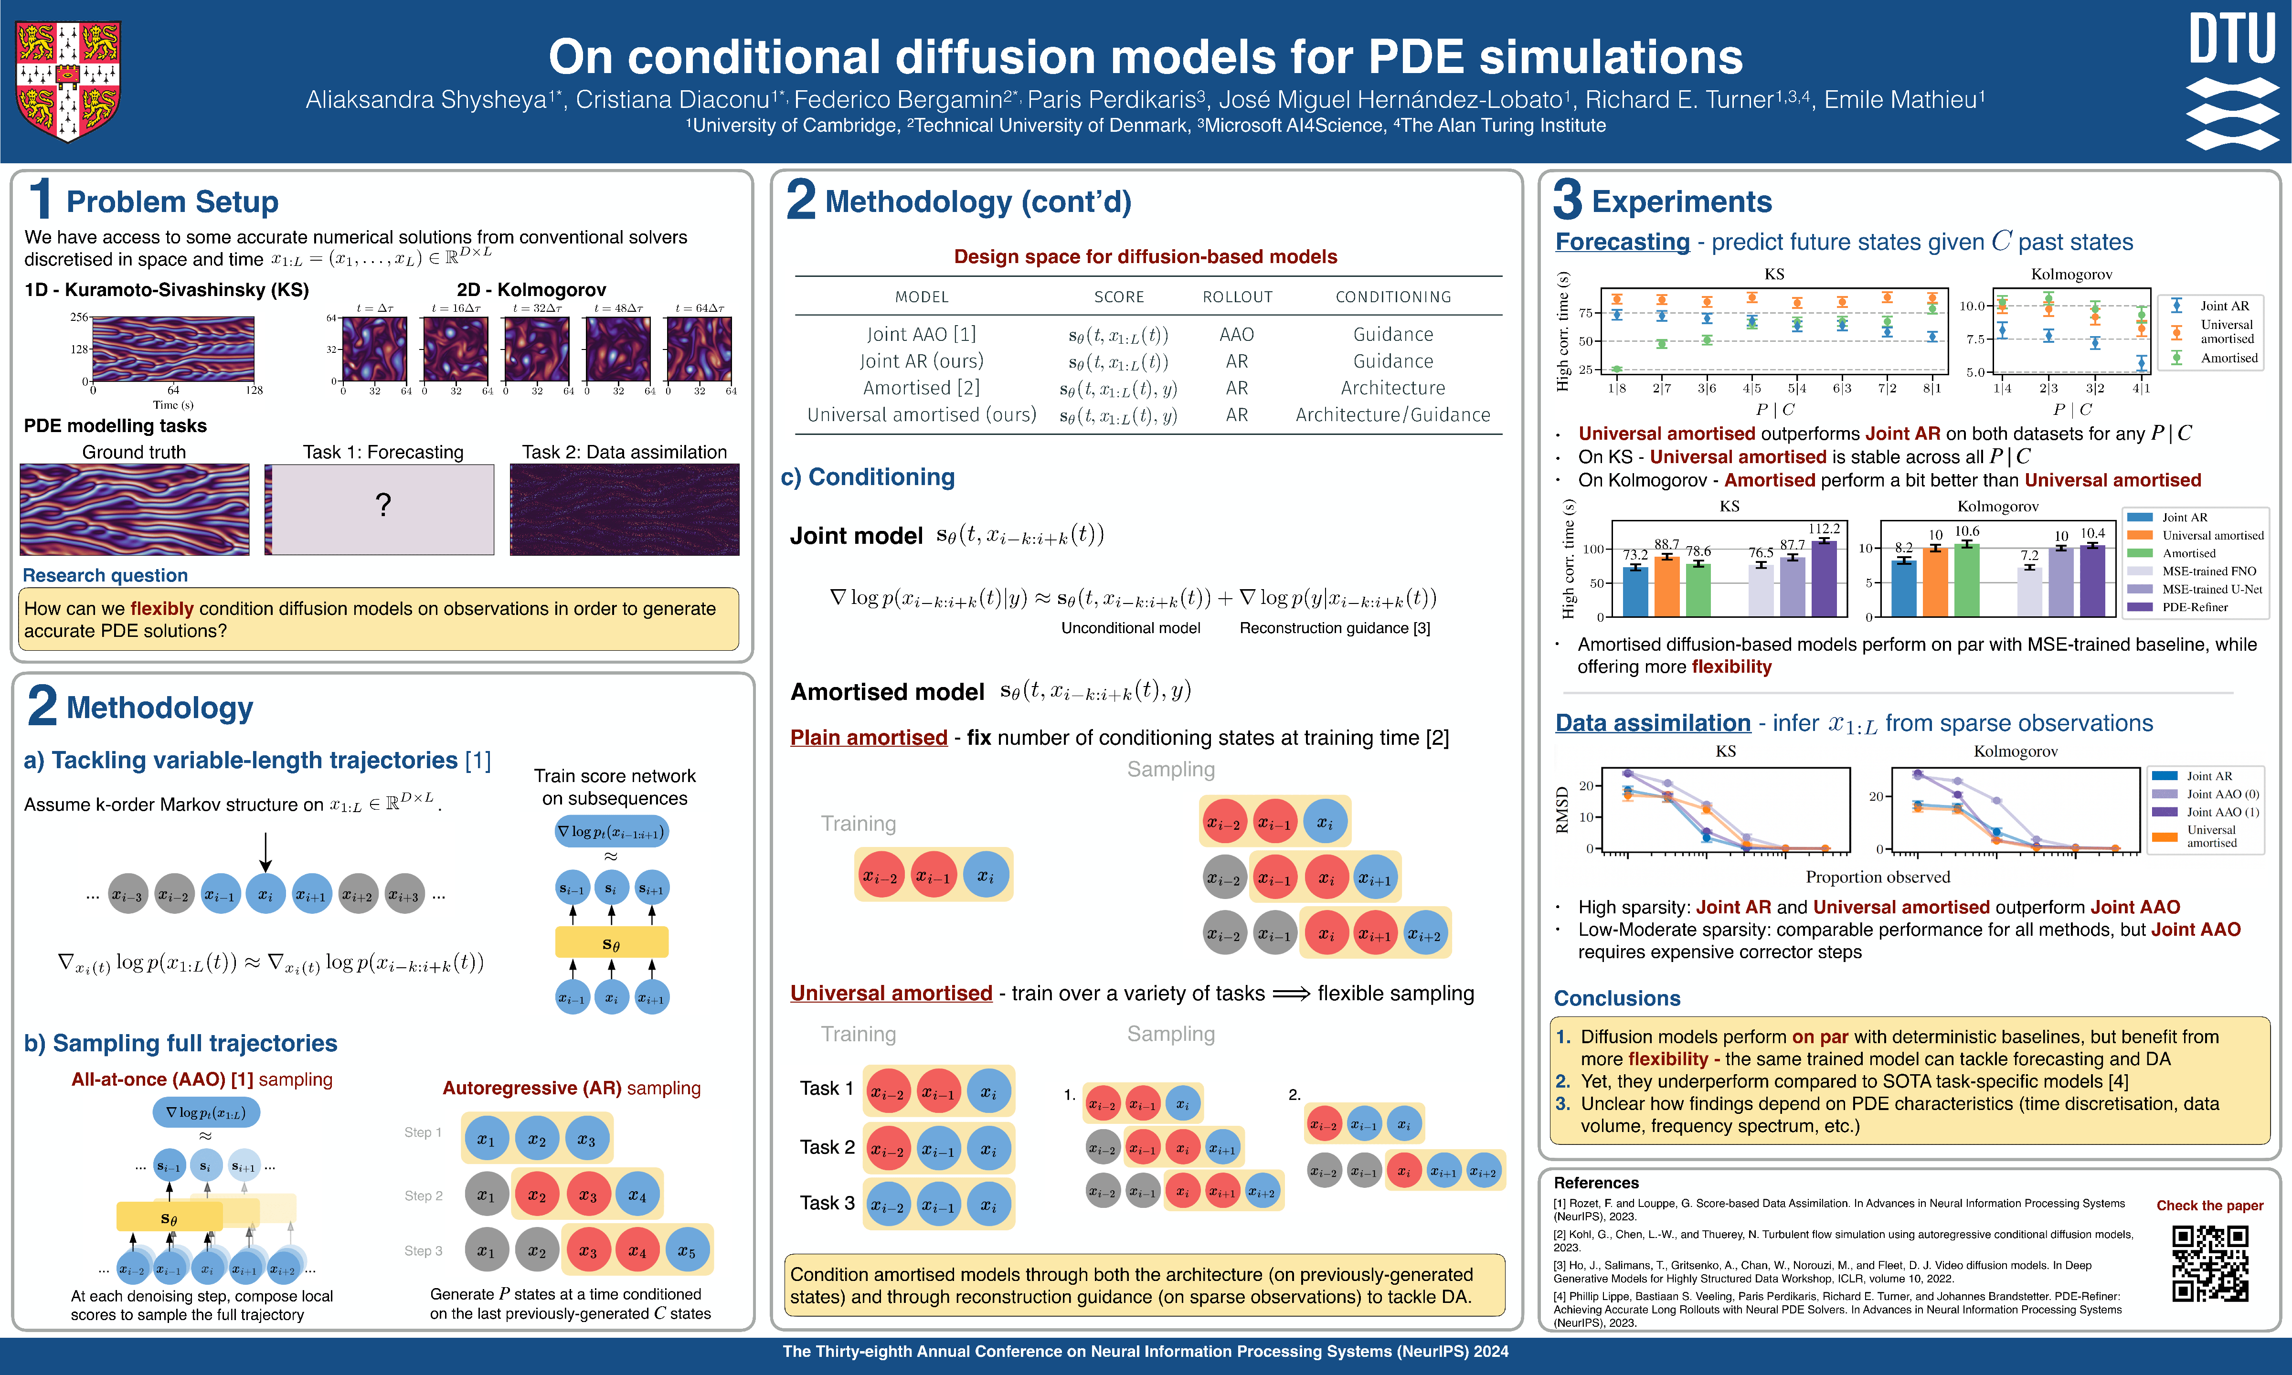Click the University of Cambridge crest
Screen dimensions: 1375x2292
tap(68, 81)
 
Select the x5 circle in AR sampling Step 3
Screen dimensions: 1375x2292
tap(686, 1251)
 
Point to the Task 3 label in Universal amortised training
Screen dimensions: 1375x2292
tap(827, 1203)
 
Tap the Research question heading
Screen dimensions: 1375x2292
tap(105, 575)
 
